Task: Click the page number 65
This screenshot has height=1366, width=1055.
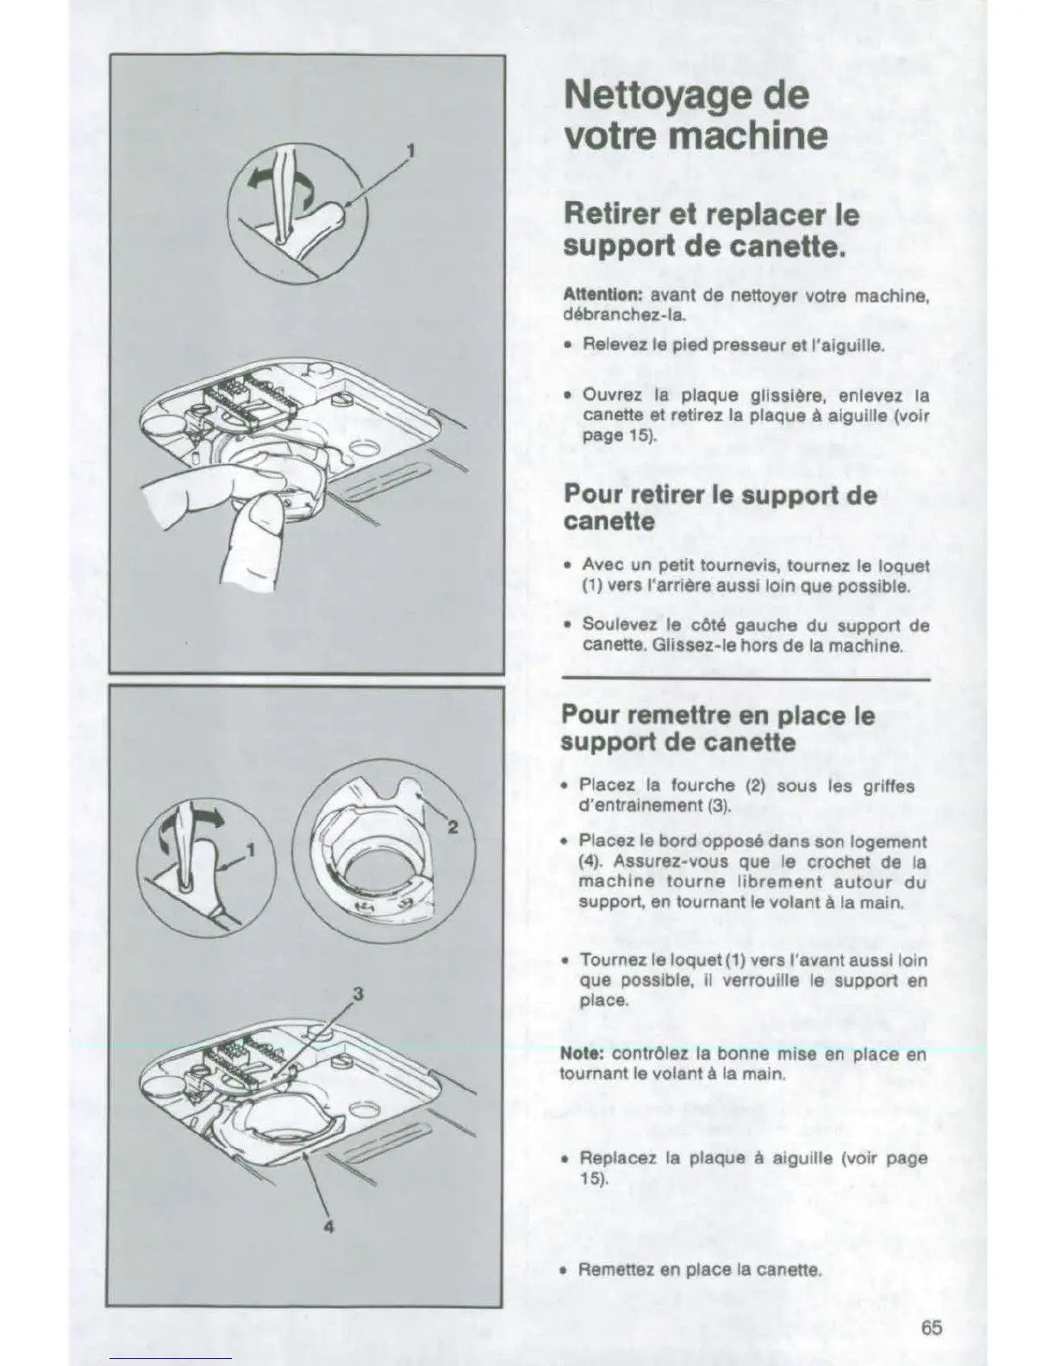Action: tap(930, 1327)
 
